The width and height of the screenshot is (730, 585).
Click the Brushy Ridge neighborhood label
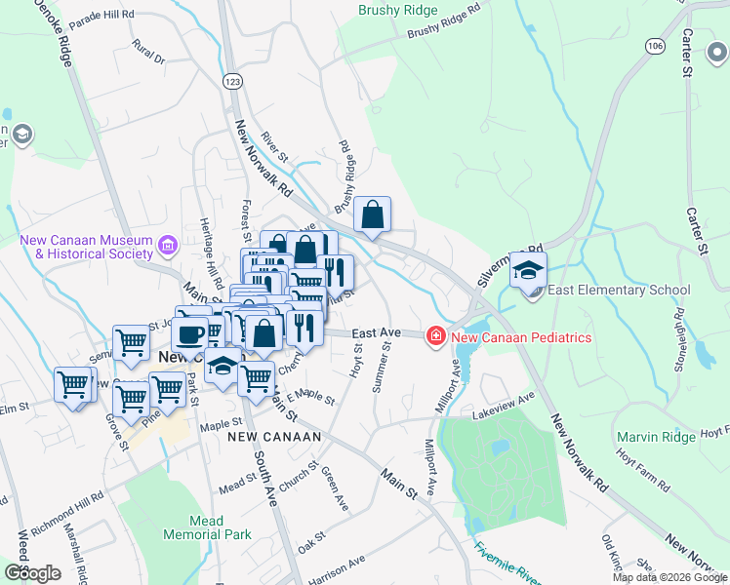398,11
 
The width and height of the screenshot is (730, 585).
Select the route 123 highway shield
231,81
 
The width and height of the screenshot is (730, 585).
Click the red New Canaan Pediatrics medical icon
435,337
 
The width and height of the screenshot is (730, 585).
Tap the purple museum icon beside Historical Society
168,244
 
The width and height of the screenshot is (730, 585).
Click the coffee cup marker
189,333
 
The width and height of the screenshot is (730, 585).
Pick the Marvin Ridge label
656,437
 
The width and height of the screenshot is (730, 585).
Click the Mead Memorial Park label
207,527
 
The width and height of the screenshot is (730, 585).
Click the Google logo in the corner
32,572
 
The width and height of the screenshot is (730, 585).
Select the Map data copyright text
669,577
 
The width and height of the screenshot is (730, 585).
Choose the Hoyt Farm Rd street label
642,468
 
